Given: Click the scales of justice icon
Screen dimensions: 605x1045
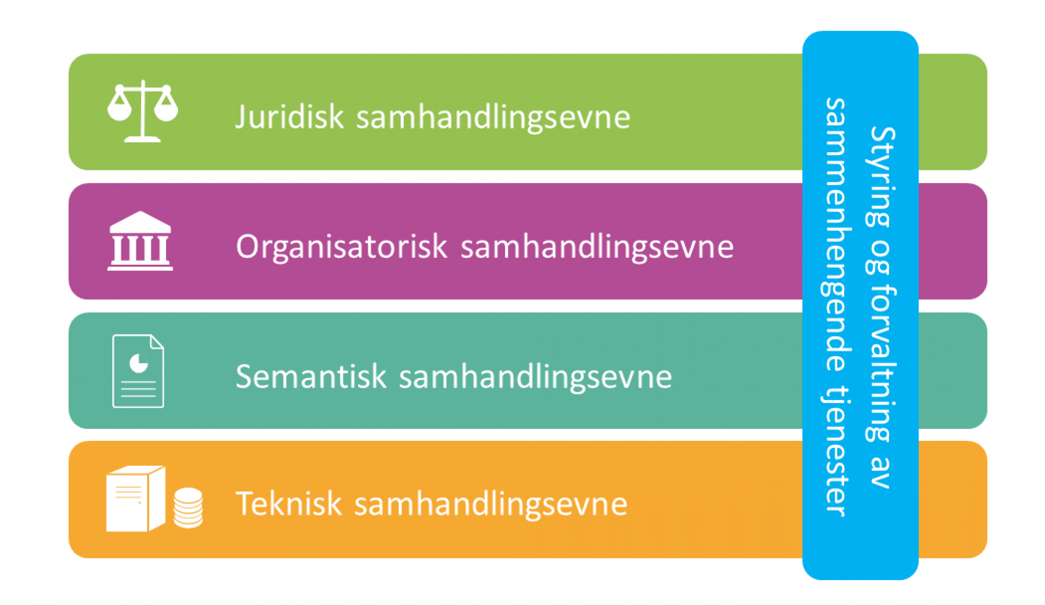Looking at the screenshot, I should pyautogui.click(x=142, y=111).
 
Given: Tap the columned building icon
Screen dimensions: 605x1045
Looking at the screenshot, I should pyautogui.click(x=140, y=241).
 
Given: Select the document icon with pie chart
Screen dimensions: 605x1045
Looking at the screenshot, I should pyautogui.click(x=138, y=371).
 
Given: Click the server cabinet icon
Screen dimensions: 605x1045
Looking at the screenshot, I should pyautogui.click(x=136, y=499).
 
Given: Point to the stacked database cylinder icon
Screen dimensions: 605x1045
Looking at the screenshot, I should pyautogui.click(x=188, y=507).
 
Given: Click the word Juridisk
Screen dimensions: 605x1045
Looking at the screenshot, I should pyautogui.click(x=289, y=117).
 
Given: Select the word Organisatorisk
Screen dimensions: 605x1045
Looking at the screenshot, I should pyautogui.click(x=342, y=247).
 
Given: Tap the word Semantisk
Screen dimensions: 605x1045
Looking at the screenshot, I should pyautogui.click(x=311, y=377).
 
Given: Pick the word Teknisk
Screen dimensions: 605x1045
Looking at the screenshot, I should pyautogui.click(x=289, y=503).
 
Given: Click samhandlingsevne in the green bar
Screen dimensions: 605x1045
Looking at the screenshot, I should pyautogui.click(x=493, y=118).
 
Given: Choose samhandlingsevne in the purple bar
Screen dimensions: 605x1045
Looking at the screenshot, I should pyautogui.click(x=597, y=248).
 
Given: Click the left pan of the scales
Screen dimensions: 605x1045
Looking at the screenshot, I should pyautogui.click(x=120, y=106).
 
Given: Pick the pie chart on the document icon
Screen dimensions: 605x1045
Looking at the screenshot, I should pyautogui.click(x=138, y=364).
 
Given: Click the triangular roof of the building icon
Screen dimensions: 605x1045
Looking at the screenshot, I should pyautogui.click(x=140, y=221).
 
